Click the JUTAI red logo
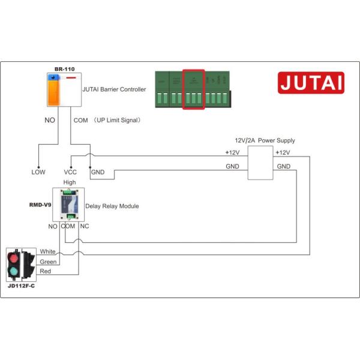click(x=311, y=83)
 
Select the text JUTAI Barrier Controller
click(x=114, y=89)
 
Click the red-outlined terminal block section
click(x=193, y=89)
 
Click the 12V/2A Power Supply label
click(x=265, y=140)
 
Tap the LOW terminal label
click(x=38, y=172)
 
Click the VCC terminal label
click(x=71, y=172)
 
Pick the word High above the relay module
click(x=70, y=182)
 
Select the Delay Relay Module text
click(x=112, y=206)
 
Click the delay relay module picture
click(x=68, y=204)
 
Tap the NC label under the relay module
click(x=84, y=227)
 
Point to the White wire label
click(x=48, y=251)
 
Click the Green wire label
click(x=48, y=262)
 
